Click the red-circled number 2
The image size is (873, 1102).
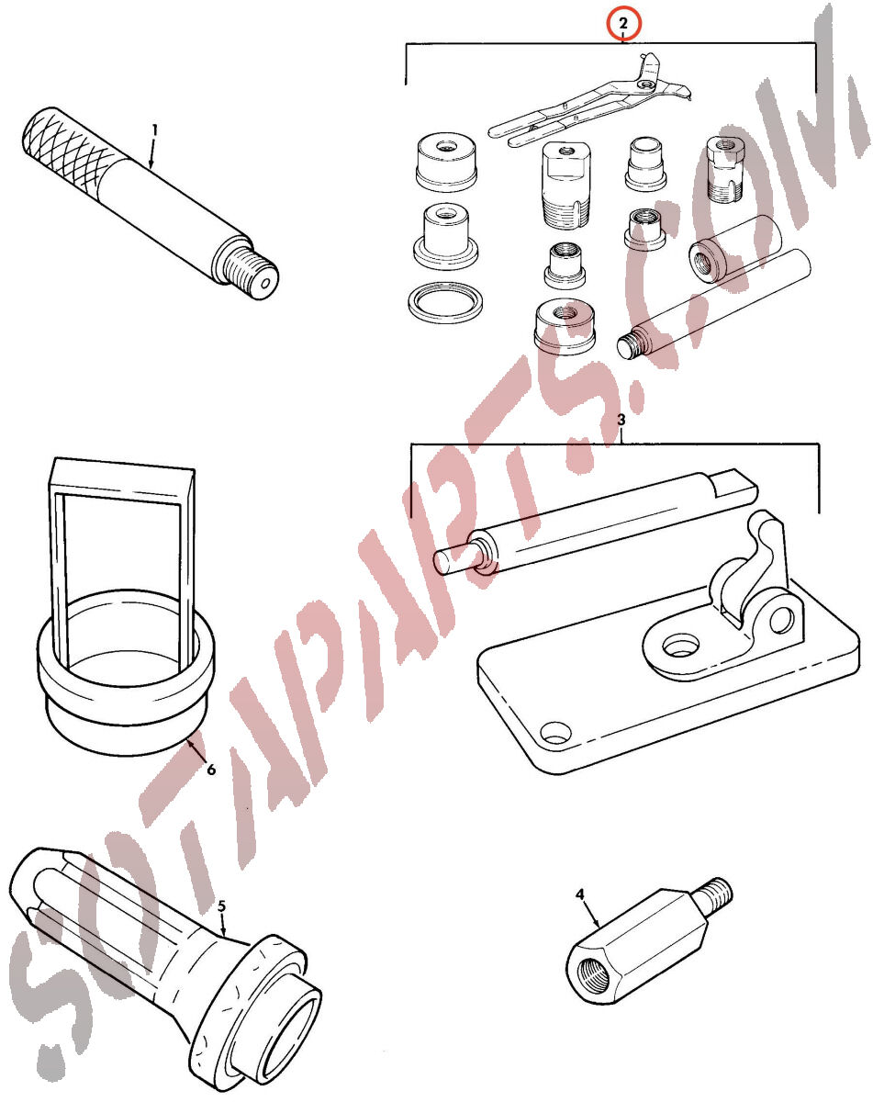[x=623, y=24]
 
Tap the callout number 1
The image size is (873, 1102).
[x=155, y=130]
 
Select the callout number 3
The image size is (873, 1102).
[x=621, y=420]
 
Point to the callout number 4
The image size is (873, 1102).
[x=579, y=894]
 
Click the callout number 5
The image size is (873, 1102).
[x=221, y=906]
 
